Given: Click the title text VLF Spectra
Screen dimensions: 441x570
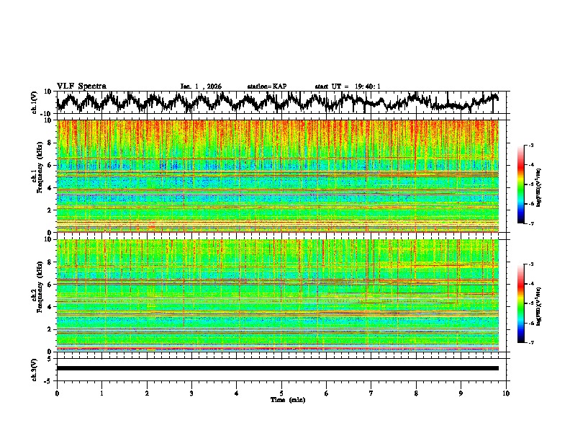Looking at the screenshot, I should [81, 86].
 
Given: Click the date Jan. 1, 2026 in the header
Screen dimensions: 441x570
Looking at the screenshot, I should [201, 86].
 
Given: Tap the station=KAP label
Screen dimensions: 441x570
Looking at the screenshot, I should [266, 86].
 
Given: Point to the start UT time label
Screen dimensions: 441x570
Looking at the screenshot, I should [347, 86].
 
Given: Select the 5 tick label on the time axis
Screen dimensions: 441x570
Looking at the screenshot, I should [281, 393].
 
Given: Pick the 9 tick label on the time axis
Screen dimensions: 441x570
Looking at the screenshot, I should [461, 393].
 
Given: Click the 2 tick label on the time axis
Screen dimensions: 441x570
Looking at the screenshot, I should [147, 393].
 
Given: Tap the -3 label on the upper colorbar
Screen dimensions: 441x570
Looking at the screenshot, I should [530, 146].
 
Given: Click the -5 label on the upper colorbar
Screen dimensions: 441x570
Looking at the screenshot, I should [530, 184].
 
